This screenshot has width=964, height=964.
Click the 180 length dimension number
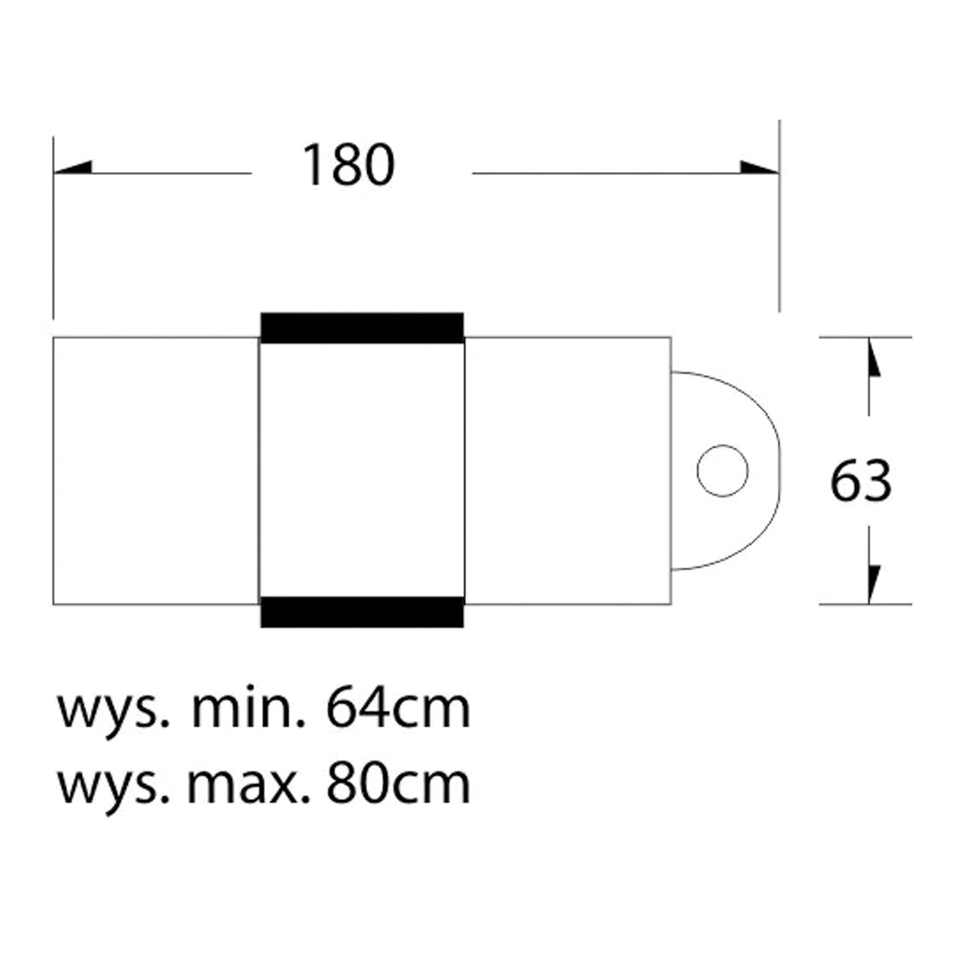348,166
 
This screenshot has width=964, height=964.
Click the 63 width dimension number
860,483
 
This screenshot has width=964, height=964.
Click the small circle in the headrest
723,470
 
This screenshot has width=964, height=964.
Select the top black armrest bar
362,327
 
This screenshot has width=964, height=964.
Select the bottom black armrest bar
362,612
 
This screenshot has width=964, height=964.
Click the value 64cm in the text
398,709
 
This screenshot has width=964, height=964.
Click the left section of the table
156,470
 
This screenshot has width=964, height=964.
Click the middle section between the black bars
362,470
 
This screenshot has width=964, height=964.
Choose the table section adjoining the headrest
568,470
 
